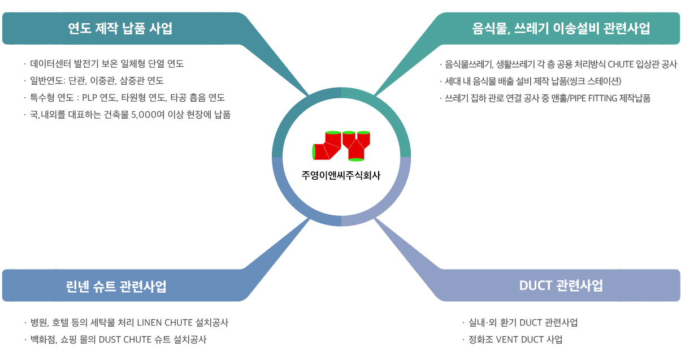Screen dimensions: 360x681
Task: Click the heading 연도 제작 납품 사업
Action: point(120,28)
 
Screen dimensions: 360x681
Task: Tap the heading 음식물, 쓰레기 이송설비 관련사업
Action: point(561,28)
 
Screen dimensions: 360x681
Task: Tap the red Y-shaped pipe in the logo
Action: point(356,146)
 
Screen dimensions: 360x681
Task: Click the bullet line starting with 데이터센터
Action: point(107,63)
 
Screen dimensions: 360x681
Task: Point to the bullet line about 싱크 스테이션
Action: point(533,81)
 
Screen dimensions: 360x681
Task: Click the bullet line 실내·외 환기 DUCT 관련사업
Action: point(523,323)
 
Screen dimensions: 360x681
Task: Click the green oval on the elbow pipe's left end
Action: point(314,151)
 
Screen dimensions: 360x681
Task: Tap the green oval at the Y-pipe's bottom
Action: point(356,159)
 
